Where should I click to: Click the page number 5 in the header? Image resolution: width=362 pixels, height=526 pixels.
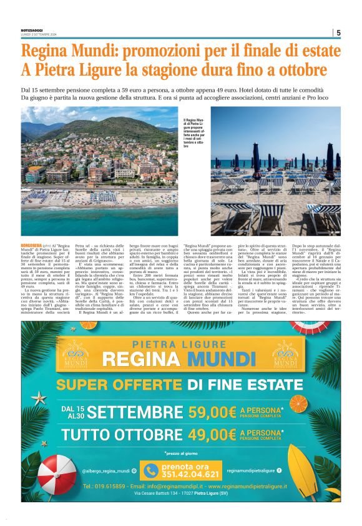[338, 33]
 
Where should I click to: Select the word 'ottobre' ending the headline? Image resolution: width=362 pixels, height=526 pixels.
[299, 69]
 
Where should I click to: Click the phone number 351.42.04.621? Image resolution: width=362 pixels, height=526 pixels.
[182, 474]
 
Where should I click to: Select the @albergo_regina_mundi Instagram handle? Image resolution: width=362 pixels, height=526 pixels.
[106, 470]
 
